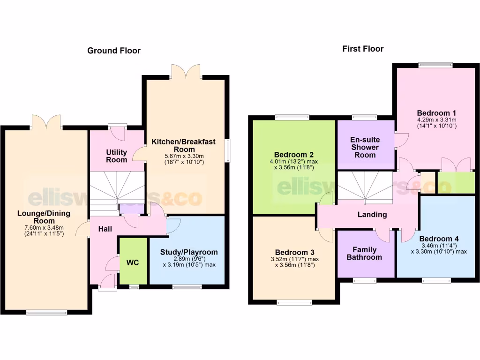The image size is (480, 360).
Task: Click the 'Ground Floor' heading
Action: [x=114, y=51]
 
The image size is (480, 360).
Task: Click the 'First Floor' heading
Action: [x=363, y=49]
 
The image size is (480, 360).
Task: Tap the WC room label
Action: [x=133, y=263]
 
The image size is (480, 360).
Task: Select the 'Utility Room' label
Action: [x=116, y=156]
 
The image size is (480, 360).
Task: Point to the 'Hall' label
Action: [x=105, y=229]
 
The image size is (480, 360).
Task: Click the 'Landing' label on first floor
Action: [x=372, y=215]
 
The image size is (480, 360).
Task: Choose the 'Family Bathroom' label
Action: [x=367, y=253]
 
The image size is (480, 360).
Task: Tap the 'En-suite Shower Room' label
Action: [x=365, y=147]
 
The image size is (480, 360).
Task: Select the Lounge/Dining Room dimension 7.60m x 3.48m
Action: [x=44, y=227]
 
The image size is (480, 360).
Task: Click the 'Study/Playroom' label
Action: [x=189, y=252]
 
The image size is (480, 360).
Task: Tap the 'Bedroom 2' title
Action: [x=294, y=155]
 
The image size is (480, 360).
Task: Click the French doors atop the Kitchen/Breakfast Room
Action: [x=186, y=72]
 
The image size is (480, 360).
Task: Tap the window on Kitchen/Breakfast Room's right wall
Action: [x=228, y=151]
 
